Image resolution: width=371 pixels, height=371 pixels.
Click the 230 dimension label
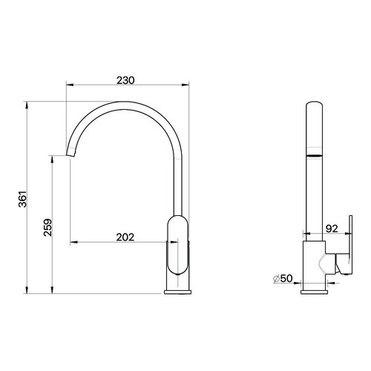point(125,80)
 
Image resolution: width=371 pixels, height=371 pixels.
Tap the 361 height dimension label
point(23,199)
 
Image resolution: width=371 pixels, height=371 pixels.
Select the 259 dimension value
point(47,227)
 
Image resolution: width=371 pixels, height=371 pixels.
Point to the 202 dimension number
point(125,237)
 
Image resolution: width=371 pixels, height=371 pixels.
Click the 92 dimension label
point(332,229)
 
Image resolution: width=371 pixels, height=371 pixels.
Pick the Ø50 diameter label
point(283,278)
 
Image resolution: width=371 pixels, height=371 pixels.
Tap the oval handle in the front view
point(178,245)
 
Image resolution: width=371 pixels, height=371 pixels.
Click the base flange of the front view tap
point(178,292)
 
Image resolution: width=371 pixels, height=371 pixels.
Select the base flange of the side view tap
point(314,292)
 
